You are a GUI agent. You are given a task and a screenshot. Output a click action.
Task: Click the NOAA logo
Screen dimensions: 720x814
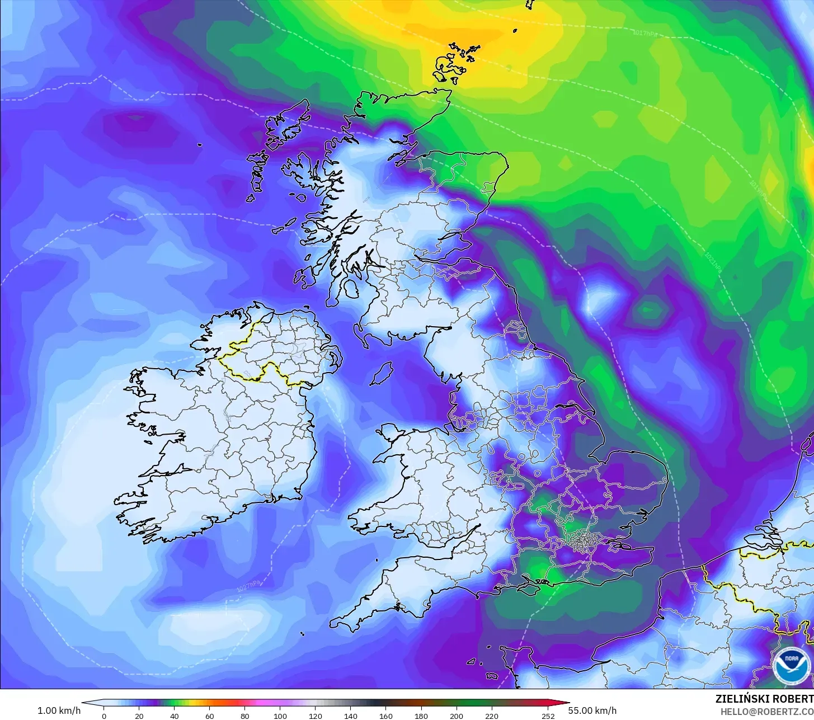(791, 665)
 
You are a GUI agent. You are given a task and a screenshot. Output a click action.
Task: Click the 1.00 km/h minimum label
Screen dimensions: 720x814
(59, 710)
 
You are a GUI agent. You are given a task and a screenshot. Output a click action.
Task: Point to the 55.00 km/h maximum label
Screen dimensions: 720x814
(592, 710)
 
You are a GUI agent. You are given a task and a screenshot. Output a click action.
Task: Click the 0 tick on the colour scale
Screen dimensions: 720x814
(103, 716)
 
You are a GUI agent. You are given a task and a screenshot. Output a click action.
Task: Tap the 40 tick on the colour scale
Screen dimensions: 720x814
(175, 716)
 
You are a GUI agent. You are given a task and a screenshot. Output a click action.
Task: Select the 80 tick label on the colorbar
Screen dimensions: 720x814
(245, 716)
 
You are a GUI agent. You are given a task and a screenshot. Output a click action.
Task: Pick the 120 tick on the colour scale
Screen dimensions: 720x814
(316, 716)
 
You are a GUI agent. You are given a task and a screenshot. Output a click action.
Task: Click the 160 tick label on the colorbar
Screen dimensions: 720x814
(386, 716)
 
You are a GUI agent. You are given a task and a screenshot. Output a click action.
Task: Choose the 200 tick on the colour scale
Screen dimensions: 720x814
(457, 716)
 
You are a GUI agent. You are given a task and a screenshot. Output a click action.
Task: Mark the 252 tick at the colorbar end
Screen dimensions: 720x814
(548, 716)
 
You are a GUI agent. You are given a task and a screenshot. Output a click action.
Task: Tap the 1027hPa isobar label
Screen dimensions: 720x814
(248, 585)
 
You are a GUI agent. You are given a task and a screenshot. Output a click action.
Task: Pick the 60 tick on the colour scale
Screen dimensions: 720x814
(210, 716)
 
